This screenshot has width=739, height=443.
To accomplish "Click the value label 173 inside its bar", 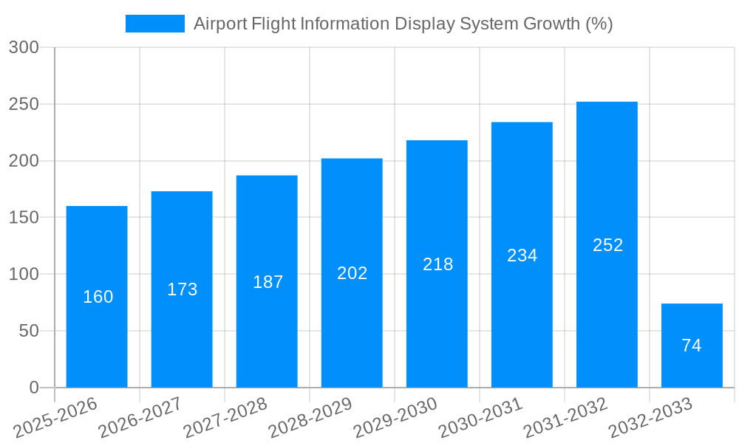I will pos(182,289).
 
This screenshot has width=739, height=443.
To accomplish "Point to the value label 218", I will pos(437,264).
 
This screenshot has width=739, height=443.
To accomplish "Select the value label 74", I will pos(692,346).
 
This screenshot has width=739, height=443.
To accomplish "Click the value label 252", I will pos(607,245).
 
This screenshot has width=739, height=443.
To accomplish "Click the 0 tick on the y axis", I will pos(34,388).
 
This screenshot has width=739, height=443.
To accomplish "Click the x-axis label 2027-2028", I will pos(225,419).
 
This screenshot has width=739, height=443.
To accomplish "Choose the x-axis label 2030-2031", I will pos(480,419).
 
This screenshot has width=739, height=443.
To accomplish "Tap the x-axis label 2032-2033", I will pos(650,419).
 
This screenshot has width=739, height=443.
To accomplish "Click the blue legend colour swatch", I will pos(155,24).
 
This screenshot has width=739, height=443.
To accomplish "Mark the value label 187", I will pos(268,282).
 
